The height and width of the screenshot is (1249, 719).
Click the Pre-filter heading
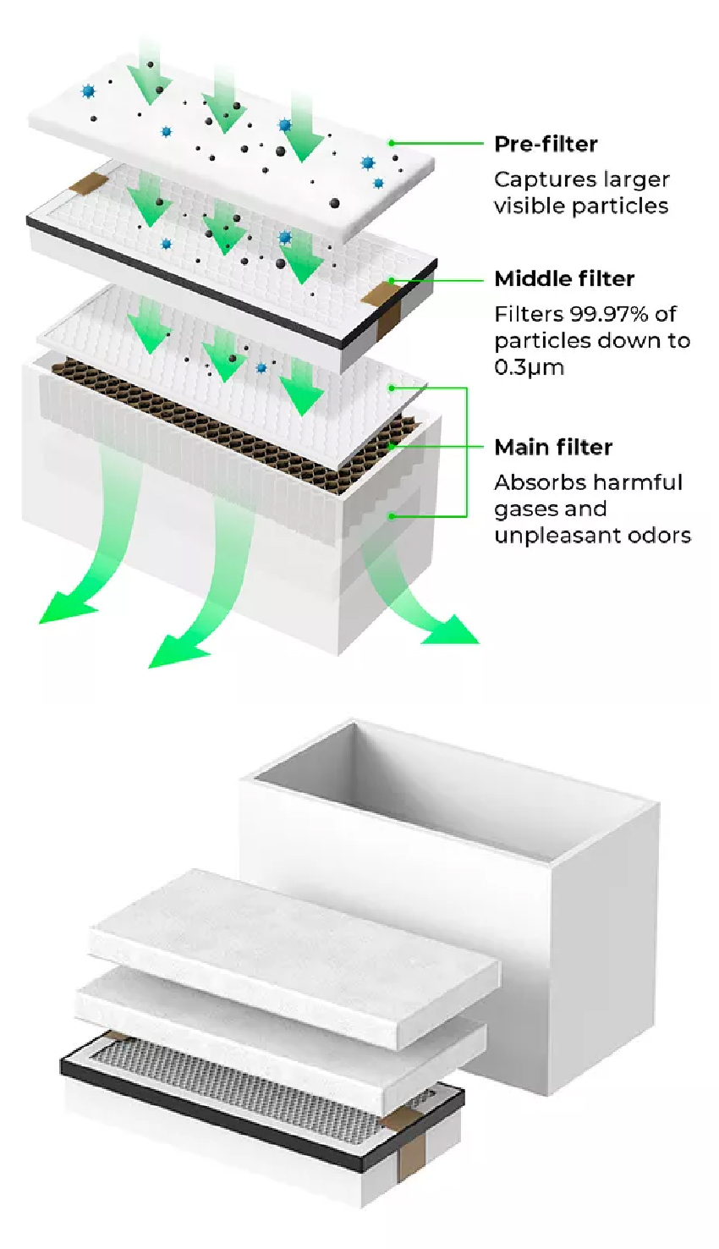(546, 144)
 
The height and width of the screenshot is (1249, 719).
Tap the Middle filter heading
(564, 278)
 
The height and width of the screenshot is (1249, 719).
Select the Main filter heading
(553, 447)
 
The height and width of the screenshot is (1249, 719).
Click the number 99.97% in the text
(606, 314)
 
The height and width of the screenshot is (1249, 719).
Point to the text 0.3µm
(529, 367)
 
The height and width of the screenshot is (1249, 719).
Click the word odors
(656, 536)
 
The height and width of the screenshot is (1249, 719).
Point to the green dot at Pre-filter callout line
(392, 144)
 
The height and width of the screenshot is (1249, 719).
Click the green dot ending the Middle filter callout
(392, 280)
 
